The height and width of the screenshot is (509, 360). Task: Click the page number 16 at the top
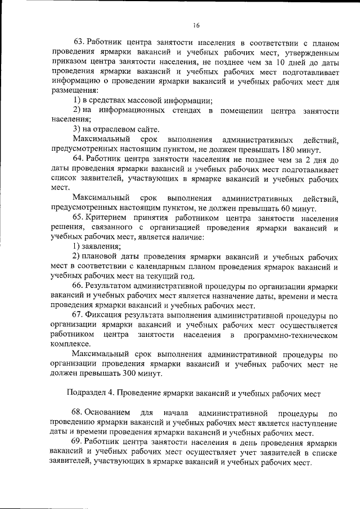pyautogui.click(x=196, y=25)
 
